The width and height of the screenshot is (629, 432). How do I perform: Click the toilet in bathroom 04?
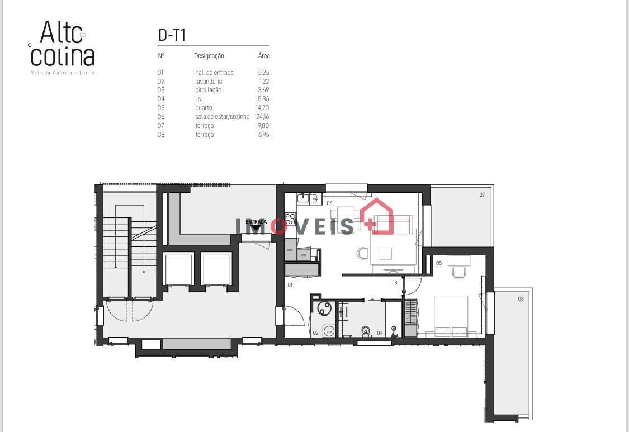[366, 331]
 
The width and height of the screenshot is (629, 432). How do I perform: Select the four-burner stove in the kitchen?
[290, 219]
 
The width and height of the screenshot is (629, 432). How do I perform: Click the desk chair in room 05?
[458, 272]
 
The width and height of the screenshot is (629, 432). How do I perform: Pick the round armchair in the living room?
[361, 254]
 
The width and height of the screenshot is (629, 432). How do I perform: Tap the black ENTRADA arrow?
[256, 227]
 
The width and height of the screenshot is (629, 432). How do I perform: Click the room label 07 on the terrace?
[481, 195]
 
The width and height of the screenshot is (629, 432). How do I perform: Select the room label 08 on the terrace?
[521, 299]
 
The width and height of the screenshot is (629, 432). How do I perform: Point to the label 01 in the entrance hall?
[290, 285]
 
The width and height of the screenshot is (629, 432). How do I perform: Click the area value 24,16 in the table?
[263, 117]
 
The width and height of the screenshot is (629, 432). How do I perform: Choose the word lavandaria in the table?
[209, 81]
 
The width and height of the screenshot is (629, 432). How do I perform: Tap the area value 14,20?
[263, 108]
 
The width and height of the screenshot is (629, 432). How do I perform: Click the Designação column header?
[209, 56]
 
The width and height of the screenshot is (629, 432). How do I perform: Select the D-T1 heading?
[172, 35]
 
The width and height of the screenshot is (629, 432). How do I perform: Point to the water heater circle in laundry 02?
[323, 308]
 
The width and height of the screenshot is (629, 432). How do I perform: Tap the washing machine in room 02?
[329, 331]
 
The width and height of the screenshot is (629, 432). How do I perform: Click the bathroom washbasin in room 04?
[343, 311]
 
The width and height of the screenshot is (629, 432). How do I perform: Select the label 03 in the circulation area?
[394, 283]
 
